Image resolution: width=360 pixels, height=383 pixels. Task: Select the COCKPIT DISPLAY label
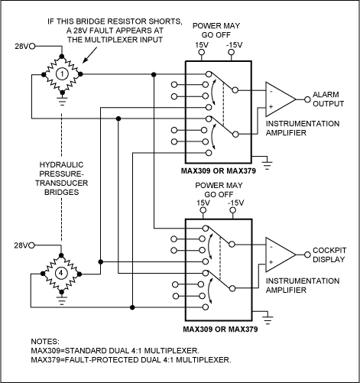click(x=331, y=255)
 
